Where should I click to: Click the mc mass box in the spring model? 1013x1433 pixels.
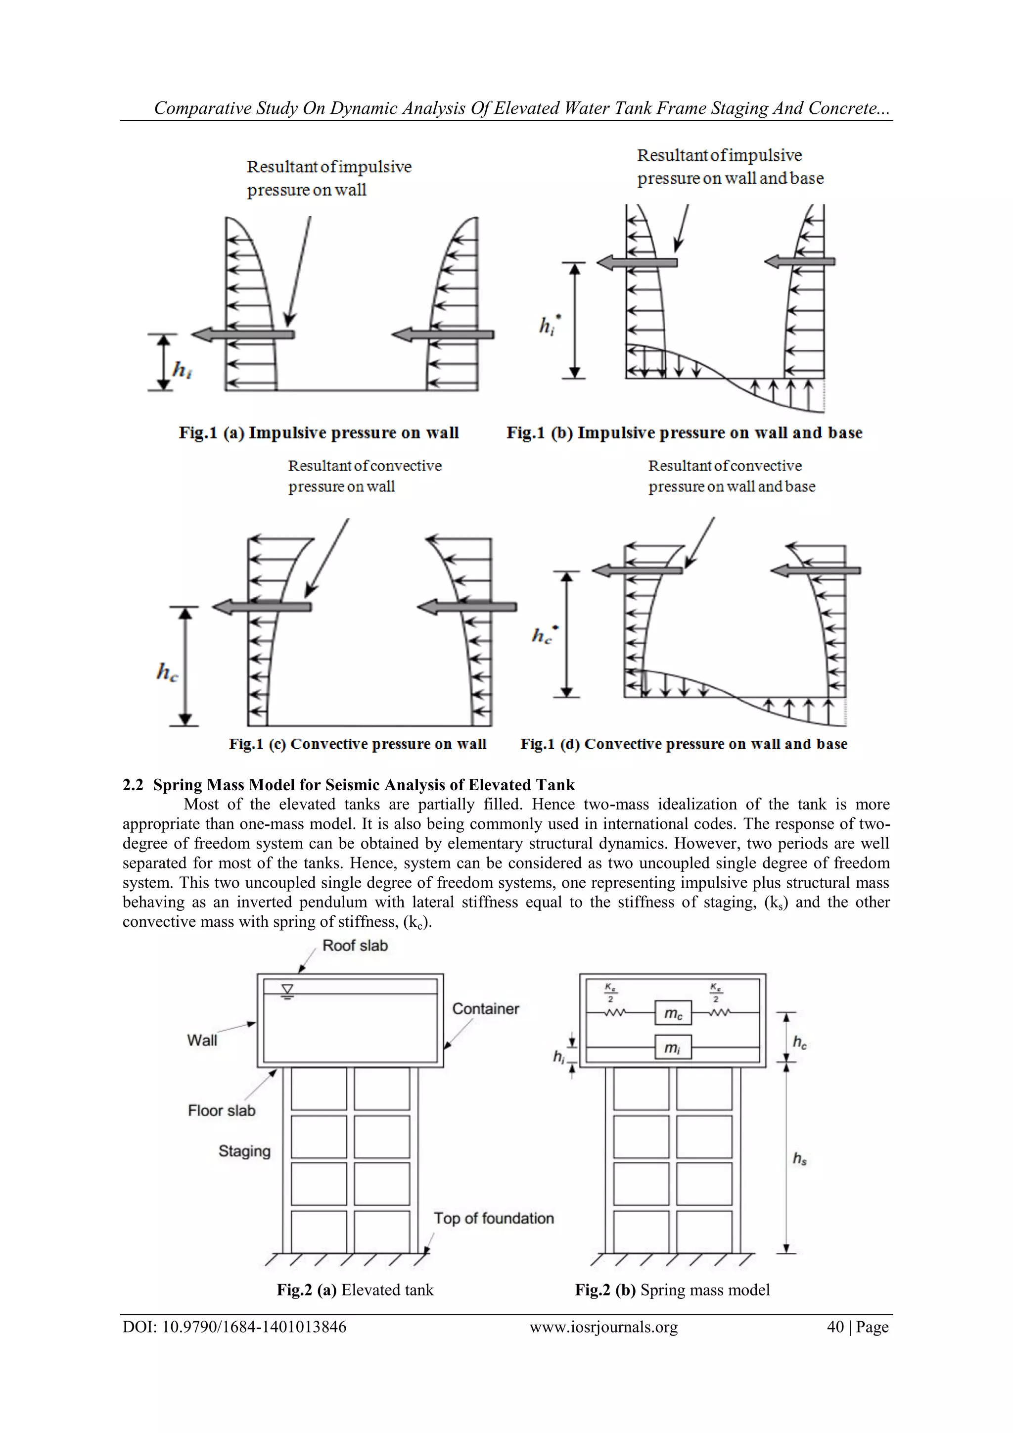(x=673, y=1013)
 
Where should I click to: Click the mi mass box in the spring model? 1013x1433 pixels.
(x=673, y=1048)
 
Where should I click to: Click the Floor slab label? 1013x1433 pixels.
(x=222, y=1110)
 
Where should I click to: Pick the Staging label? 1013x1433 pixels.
(x=244, y=1151)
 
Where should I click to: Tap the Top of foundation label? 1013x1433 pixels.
(x=494, y=1218)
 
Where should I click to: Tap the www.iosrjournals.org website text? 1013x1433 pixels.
(x=603, y=1327)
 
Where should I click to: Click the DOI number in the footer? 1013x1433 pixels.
(x=234, y=1327)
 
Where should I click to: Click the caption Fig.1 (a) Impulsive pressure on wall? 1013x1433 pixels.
(x=319, y=433)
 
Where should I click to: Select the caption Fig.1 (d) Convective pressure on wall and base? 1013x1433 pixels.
(x=684, y=744)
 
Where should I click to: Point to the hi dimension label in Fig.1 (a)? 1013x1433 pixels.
(x=182, y=371)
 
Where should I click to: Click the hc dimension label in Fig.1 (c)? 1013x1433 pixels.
(x=167, y=673)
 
